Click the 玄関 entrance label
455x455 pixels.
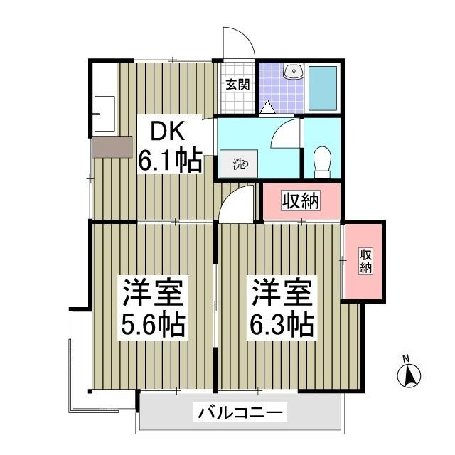pyautogui.click(x=237, y=84)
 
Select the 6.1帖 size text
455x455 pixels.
pyautogui.click(x=170, y=162)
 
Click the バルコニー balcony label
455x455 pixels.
pyautogui.click(x=241, y=412)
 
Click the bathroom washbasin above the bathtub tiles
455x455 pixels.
pyautogui.click(x=293, y=71)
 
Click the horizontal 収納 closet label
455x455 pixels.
pyautogui.click(x=301, y=201)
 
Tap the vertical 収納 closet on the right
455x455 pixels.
pyautogui.click(x=365, y=262)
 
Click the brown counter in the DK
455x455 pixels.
pyautogui.click(x=112, y=146)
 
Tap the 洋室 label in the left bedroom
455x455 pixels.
pyautogui.click(x=154, y=292)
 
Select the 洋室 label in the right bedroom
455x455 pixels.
pyautogui.click(x=281, y=292)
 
